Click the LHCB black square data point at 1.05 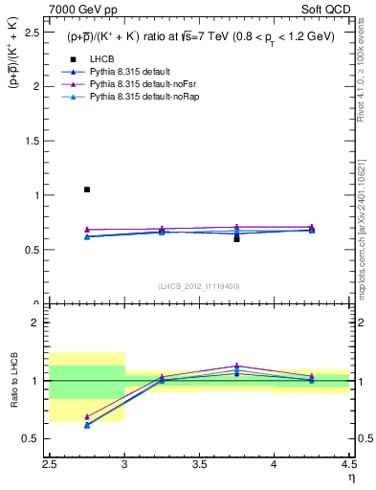[x=87, y=189]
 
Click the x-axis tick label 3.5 [x=199, y=464]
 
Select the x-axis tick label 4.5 [x=348, y=464]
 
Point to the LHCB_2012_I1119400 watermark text [x=199, y=286]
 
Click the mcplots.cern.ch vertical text [x=365, y=220]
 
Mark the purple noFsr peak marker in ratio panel [x=236, y=366]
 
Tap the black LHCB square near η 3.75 [x=236, y=238]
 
